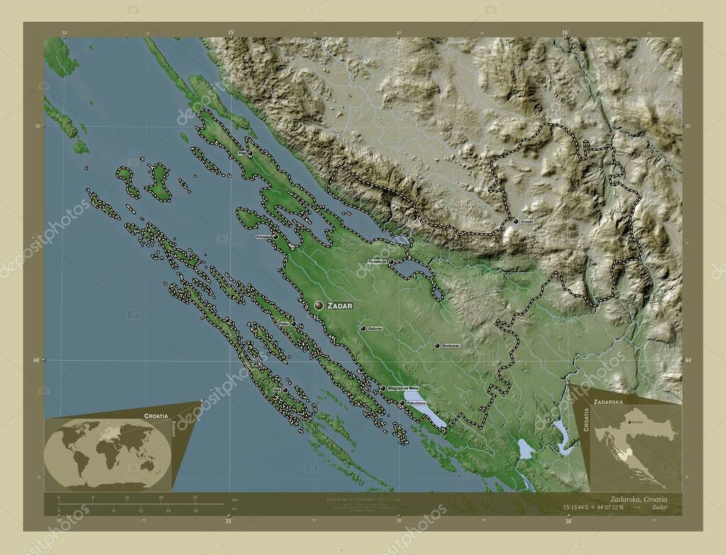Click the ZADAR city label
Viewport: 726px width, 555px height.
pyautogui.click(x=340, y=305)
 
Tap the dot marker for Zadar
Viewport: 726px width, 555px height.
pyautogui.click(x=319, y=305)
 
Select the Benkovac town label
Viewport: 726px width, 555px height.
pyautogui.click(x=451, y=346)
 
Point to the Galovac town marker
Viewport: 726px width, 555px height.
pyautogui.click(x=362, y=329)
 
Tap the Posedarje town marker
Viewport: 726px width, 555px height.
pyautogui.click(x=391, y=262)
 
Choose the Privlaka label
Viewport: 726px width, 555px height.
pyautogui.click(x=264, y=237)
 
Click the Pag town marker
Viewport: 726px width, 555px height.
pyautogui.click(x=250, y=153)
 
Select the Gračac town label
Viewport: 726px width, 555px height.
pyautogui.click(x=527, y=222)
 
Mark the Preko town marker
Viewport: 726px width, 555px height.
pyautogui.click(x=294, y=324)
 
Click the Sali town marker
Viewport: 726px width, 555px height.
pyautogui.click(x=285, y=390)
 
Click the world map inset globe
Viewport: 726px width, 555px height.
pyautogui.click(x=106, y=454)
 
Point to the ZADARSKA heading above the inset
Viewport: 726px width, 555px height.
pyautogui.click(x=609, y=401)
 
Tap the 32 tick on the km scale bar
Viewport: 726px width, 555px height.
pyautogui.click(x=195, y=498)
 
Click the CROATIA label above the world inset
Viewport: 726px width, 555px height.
pyautogui.click(x=155, y=415)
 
